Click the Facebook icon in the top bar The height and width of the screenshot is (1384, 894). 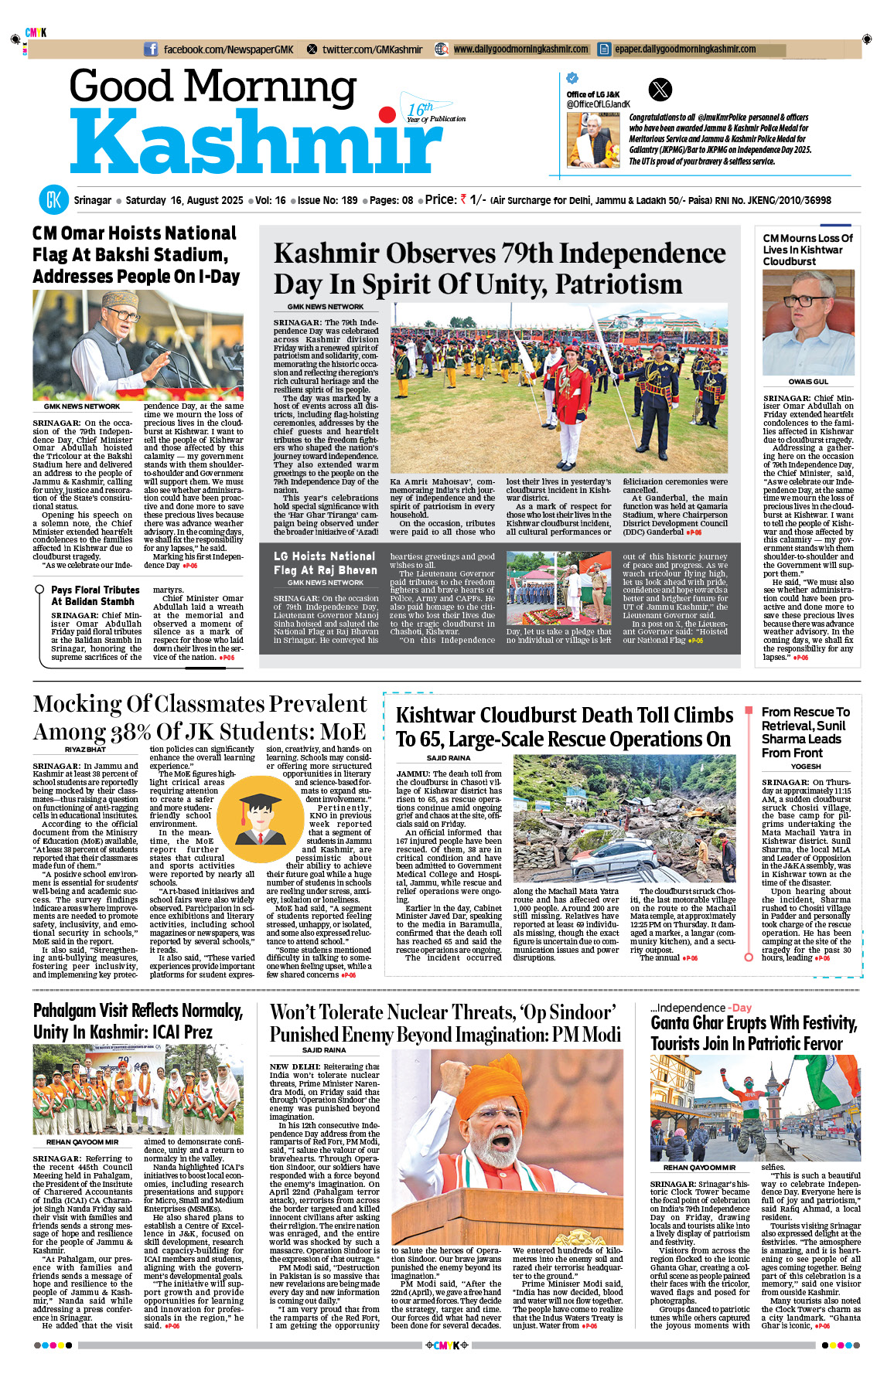(152, 49)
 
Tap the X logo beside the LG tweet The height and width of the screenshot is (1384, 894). (660, 90)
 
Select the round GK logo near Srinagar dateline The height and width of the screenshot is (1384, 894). (53, 200)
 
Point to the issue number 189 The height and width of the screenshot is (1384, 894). (349, 200)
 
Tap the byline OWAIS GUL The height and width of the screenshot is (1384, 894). (808, 382)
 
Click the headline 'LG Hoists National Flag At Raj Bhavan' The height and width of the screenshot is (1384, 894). (324, 563)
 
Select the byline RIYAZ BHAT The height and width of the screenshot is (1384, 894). (85, 750)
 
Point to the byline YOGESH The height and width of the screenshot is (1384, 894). (806, 767)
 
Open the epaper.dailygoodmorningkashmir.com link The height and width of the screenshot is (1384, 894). (684, 49)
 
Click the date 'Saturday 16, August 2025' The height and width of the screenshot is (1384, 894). (184, 200)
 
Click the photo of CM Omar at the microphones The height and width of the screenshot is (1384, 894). (138, 345)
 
